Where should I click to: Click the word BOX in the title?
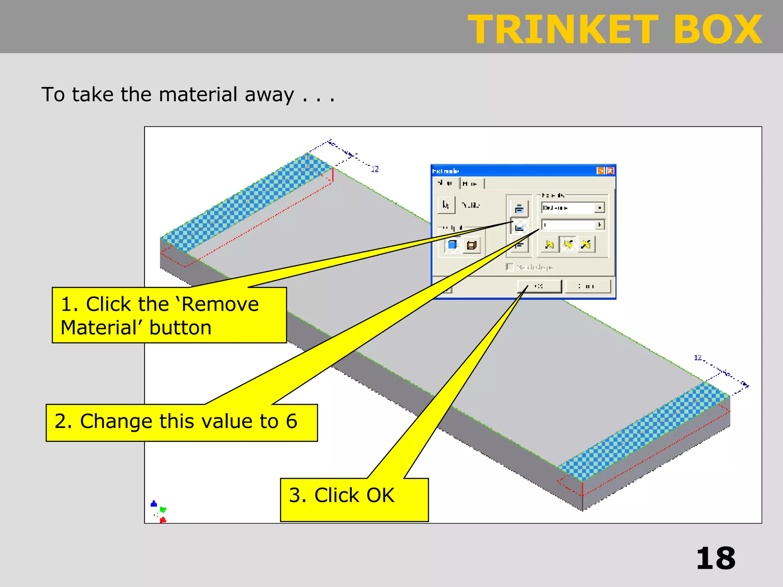point(718,30)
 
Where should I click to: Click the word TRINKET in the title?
point(563,30)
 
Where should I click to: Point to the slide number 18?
point(715,559)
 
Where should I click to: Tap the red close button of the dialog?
point(611,171)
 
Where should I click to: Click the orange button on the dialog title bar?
point(601,171)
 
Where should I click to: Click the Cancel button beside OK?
point(588,286)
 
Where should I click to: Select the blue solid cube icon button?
point(452,245)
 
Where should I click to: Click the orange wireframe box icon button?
point(472,245)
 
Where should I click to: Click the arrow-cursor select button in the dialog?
point(446,205)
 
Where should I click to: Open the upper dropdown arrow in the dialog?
point(599,208)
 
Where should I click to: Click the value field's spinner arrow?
point(599,225)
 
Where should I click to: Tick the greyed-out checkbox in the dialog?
point(509,267)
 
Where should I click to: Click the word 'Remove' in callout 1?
point(220,305)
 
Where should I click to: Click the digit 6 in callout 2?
point(291,421)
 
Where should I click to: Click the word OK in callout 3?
point(380,495)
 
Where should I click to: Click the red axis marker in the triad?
point(163,520)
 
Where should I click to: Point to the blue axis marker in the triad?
point(154,504)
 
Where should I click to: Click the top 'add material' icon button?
point(519,209)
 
